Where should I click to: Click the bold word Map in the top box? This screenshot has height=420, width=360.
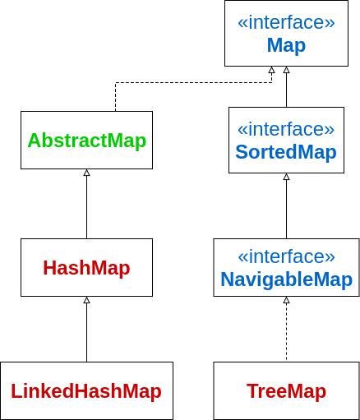[x=286, y=45]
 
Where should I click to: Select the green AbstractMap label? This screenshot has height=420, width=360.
[x=87, y=141]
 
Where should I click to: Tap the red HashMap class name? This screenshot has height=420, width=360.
[x=86, y=268]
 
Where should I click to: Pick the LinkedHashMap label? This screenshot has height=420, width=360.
[x=86, y=391]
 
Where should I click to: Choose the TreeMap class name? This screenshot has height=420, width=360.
[x=286, y=391]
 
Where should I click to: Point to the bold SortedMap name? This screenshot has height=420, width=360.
[x=286, y=152]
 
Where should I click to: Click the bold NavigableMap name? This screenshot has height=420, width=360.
[x=286, y=279]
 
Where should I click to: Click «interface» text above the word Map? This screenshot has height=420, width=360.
[x=286, y=22]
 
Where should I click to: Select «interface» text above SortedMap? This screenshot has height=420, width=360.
[x=286, y=129]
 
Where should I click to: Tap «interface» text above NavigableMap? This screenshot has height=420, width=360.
[x=286, y=256]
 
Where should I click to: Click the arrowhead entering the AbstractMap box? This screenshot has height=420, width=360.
[x=87, y=173]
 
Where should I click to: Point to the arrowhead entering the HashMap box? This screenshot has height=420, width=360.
[x=87, y=300]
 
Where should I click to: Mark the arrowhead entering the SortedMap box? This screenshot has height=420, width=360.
[x=287, y=177]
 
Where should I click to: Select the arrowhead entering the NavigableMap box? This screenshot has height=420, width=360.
[x=287, y=300]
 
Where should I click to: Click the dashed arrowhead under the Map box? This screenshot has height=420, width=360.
[x=271, y=70]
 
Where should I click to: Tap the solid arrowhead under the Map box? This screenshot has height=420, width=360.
[x=287, y=70]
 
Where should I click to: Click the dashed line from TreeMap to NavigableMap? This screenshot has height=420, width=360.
[x=287, y=332]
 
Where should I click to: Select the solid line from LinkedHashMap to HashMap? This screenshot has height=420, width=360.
[x=87, y=332]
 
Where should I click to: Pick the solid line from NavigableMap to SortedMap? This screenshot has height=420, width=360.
[x=287, y=209]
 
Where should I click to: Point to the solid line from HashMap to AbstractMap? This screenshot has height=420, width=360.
[x=87, y=207]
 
